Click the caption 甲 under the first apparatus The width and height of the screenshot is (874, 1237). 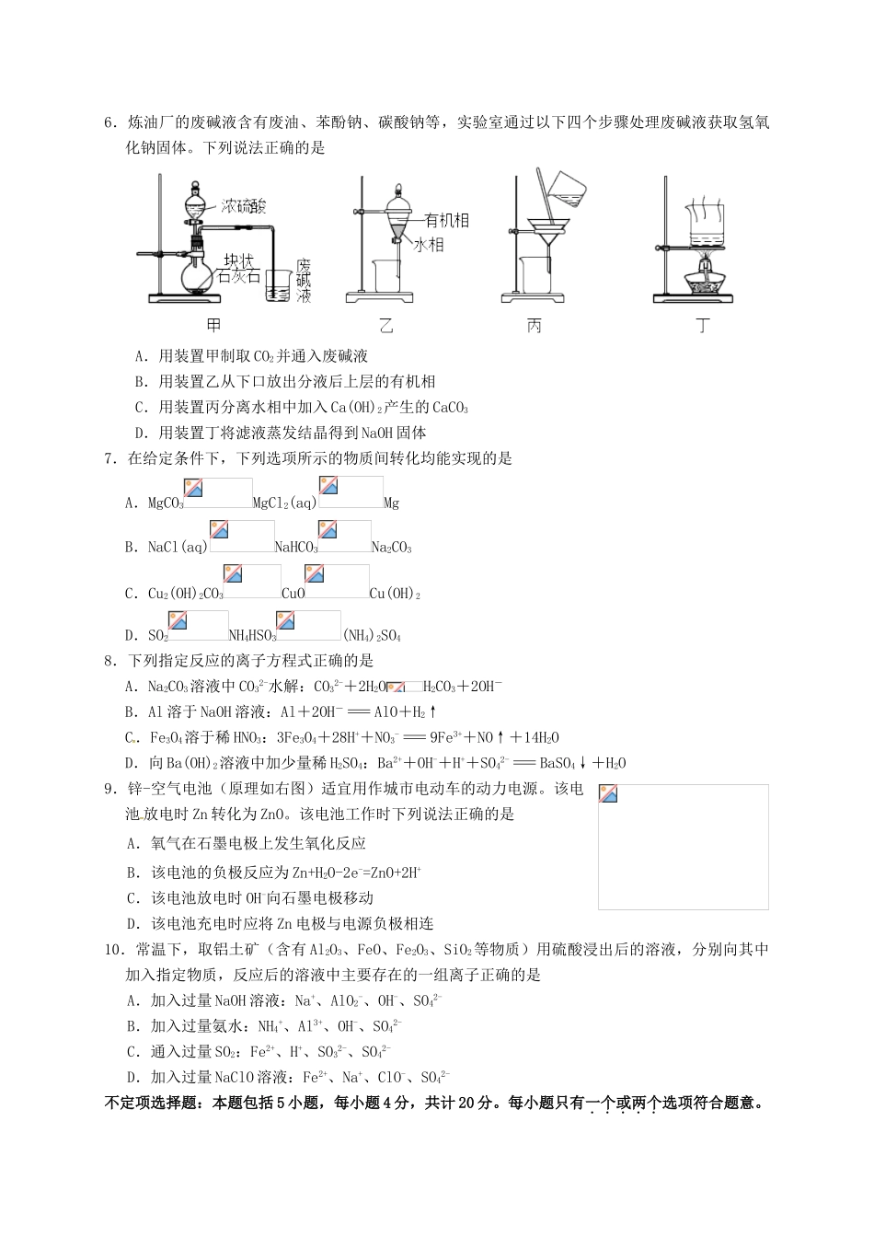pyautogui.click(x=213, y=326)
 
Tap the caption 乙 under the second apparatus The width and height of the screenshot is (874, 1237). pyautogui.click(x=385, y=326)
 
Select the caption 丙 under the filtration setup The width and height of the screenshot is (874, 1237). pyautogui.click(x=535, y=326)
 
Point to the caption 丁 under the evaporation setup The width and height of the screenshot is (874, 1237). pyautogui.click(x=704, y=326)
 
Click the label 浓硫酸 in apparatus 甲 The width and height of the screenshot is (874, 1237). pyautogui.click(x=244, y=206)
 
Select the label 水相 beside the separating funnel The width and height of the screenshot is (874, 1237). pyautogui.click(x=430, y=245)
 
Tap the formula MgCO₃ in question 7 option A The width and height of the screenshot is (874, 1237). pyautogui.click(x=166, y=503)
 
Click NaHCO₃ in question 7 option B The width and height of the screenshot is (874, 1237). pyautogui.click(x=297, y=548)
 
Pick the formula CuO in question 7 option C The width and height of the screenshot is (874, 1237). pyautogui.click(x=293, y=594)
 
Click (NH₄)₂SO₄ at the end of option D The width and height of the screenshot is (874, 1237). pyautogui.click(x=372, y=635)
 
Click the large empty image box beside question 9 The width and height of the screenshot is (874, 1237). pyautogui.click(x=683, y=846)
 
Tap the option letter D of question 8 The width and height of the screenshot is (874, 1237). pyautogui.click(x=130, y=763)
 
